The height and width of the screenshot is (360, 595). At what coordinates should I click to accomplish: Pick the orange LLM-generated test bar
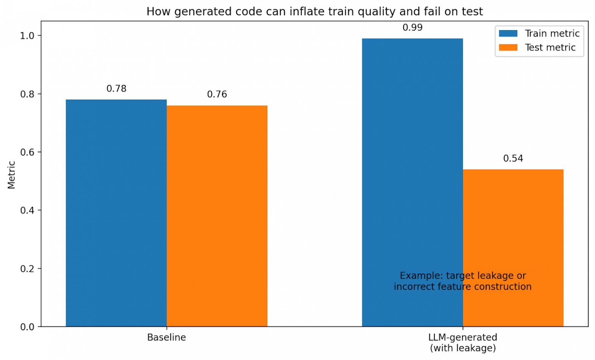(x=513, y=229)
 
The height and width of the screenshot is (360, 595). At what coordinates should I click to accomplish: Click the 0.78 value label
(x=116, y=88)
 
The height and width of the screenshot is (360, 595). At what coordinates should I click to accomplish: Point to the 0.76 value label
(x=217, y=94)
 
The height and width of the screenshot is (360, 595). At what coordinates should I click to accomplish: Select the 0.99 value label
(x=412, y=27)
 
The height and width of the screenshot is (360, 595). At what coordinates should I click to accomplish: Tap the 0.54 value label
(x=513, y=158)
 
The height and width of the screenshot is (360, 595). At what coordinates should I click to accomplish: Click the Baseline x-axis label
(x=167, y=337)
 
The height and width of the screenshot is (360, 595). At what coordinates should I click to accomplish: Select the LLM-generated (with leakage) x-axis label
(x=463, y=342)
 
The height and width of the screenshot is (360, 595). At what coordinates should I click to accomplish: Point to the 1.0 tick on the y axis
(x=27, y=35)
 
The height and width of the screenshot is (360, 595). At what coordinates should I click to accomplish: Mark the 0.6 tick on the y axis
(x=27, y=152)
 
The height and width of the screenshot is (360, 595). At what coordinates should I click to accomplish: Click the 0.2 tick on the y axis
(x=27, y=268)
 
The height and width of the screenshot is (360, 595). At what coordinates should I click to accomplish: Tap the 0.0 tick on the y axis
(x=27, y=327)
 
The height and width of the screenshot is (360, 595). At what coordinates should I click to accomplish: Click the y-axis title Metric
(x=11, y=175)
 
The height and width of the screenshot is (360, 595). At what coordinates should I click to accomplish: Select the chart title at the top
(x=315, y=11)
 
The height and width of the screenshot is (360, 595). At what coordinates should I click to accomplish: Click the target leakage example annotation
(x=463, y=281)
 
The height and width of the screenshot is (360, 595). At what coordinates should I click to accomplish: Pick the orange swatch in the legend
(x=508, y=47)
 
